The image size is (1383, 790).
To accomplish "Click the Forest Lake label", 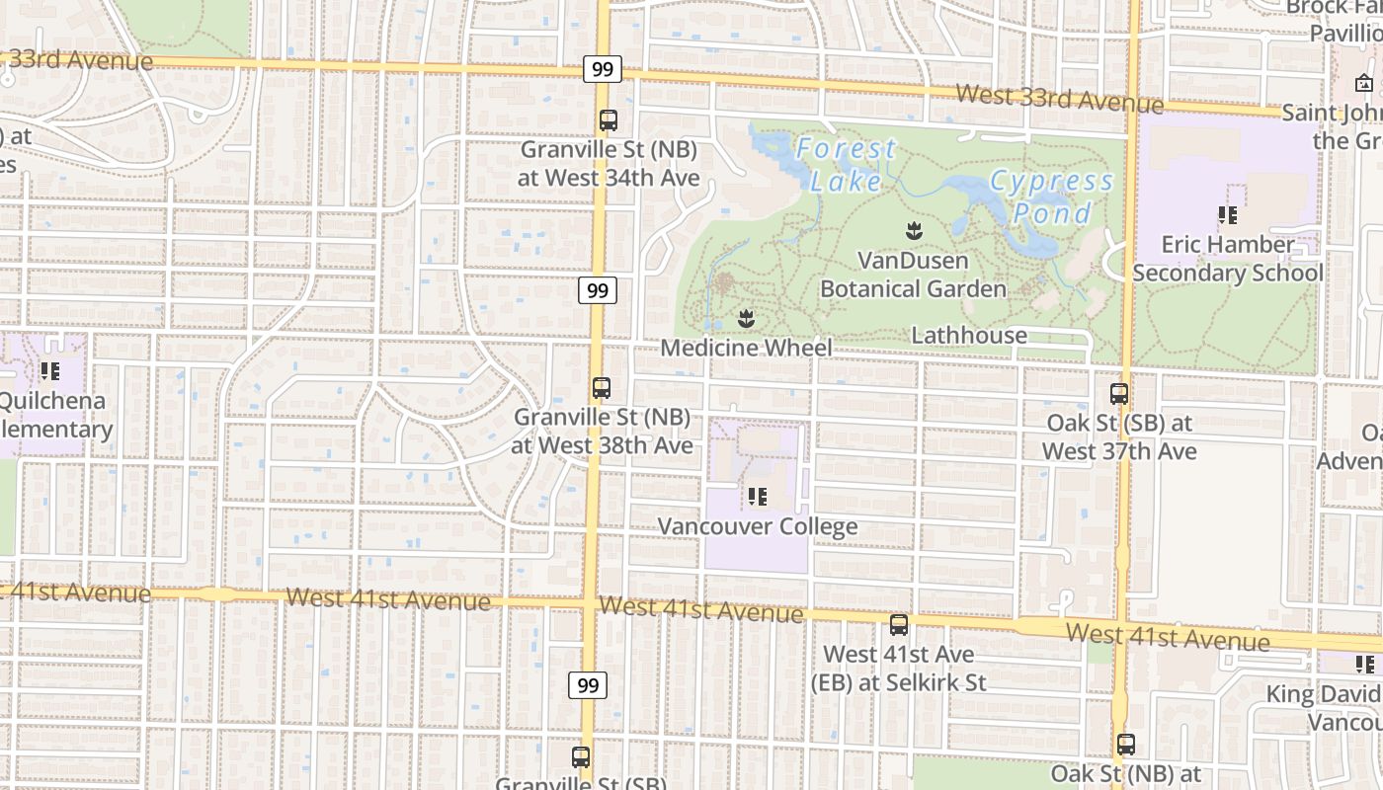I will (847, 165).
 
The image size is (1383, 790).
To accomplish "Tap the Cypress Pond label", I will (1052, 197).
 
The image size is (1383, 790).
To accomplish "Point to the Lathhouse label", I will (969, 336).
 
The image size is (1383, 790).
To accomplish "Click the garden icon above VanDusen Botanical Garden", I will (913, 232).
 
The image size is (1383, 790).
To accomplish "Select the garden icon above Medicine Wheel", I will (747, 318).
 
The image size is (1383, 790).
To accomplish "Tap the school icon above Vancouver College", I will (758, 496).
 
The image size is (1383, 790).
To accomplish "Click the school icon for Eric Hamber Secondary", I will (1228, 214).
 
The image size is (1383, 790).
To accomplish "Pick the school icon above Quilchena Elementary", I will (50, 371).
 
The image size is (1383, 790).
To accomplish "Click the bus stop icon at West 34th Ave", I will (609, 120).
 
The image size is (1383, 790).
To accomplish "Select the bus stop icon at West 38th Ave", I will (602, 388).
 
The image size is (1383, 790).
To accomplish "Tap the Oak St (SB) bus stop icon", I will (1119, 394).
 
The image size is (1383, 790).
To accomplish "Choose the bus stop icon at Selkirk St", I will (899, 624).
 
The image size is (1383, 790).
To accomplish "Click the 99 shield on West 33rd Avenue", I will (602, 69).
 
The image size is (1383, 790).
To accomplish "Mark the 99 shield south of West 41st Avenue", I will (588, 685).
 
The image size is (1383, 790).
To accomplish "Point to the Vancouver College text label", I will (758, 526).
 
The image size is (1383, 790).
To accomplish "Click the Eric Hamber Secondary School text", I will (1228, 259).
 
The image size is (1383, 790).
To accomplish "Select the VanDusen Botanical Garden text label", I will (913, 275).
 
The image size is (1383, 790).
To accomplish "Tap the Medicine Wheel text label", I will (746, 348).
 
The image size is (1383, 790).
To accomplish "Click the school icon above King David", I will (1365, 664).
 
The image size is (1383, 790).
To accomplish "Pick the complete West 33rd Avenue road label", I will (1060, 99).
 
